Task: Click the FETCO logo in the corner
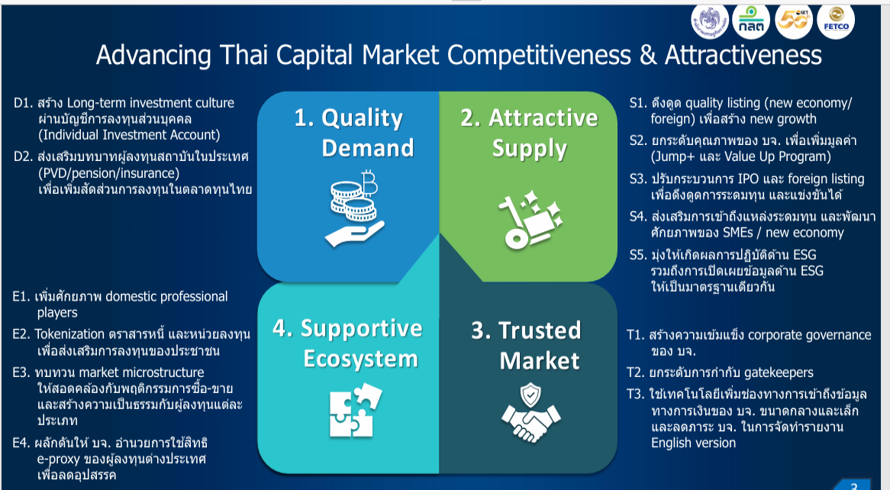836,21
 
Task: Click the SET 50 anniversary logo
795,21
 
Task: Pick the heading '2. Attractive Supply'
529,132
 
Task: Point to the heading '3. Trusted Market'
526,345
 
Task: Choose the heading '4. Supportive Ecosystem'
347,343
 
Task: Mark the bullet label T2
636,372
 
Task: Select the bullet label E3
22,372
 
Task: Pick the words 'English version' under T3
693,443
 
